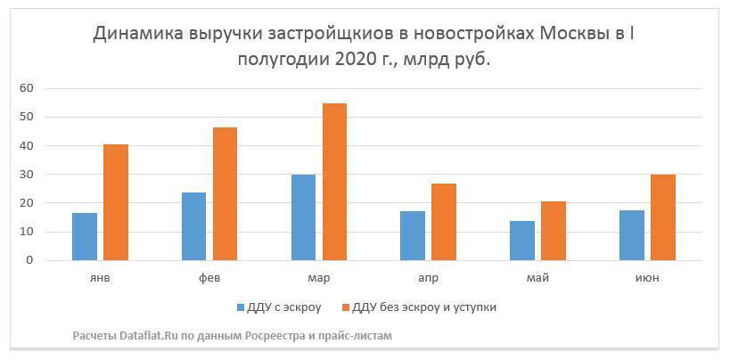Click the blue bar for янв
85,237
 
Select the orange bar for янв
116,202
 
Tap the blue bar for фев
193,226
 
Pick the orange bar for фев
225,193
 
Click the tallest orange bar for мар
334,182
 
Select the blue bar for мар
303,217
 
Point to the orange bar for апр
444,222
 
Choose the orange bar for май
554,231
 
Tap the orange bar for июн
663,217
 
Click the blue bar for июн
632,235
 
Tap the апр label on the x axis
428,278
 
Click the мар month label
318,278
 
